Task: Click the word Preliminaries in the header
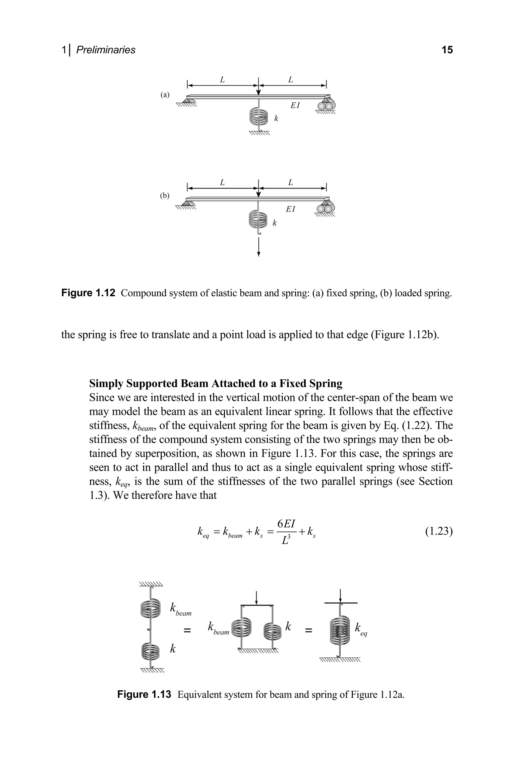pos(106,50)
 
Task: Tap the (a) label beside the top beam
pos(165,95)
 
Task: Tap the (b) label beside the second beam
pos(165,196)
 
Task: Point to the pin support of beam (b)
pos(187,203)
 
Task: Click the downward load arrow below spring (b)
pos(259,247)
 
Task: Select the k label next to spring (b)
pos(275,223)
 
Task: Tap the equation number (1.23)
pos(439,531)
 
